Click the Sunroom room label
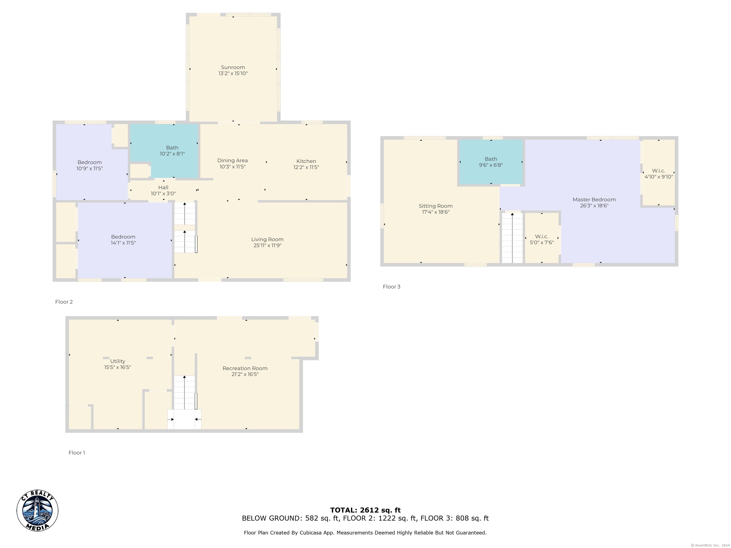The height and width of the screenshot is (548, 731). pos(233,67)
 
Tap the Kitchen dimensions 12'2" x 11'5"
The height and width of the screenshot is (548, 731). pos(306,167)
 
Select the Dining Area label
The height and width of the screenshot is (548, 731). pos(232,161)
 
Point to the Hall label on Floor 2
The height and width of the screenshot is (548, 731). pos(163,188)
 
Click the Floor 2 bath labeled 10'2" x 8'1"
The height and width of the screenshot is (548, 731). pos(172,151)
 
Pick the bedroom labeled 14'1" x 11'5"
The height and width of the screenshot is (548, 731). pos(123,240)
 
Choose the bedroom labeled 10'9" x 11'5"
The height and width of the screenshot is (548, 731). pos(89,165)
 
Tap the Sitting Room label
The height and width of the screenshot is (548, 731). pos(435,206)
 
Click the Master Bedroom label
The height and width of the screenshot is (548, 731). pos(594,200)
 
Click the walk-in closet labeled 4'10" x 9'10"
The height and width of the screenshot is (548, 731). pos(659,174)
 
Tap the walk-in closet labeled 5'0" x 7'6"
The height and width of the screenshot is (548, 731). pos(542,240)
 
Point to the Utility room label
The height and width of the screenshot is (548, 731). pos(118,361)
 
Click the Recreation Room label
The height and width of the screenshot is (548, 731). pos(245,368)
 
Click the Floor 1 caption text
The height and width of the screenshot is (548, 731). pos(77,453)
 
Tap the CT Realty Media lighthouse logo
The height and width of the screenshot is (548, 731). pos(37,511)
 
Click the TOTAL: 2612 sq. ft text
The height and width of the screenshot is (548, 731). pos(365,510)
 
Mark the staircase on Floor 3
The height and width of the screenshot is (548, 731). pos(512,238)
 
